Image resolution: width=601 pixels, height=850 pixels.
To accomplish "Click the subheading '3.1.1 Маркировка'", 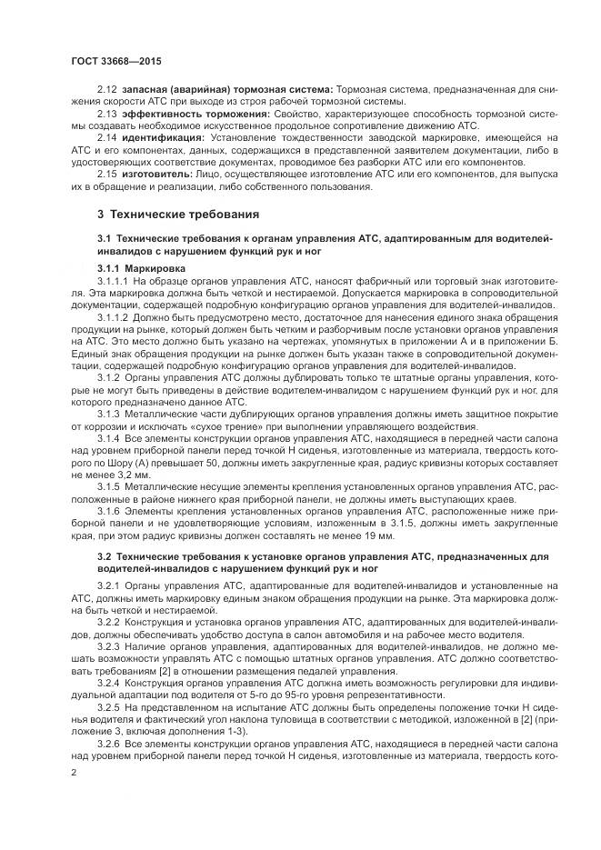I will point(141,269).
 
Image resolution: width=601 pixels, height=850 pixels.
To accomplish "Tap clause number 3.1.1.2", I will point(115,318).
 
